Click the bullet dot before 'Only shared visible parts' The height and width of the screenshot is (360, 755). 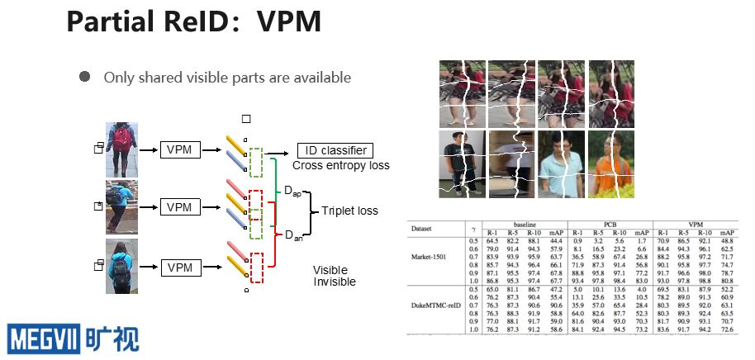[84, 76]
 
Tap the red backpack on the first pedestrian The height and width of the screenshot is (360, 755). [122, 140]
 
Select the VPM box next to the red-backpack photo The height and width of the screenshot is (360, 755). [179, 149]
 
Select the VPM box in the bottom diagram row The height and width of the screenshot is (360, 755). [179, 267]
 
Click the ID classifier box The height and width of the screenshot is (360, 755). [335, 150]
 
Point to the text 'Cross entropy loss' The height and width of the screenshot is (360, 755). [341, 165]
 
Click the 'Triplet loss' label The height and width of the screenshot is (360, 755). [349, 211]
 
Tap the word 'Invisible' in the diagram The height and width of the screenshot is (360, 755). [335, 282]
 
